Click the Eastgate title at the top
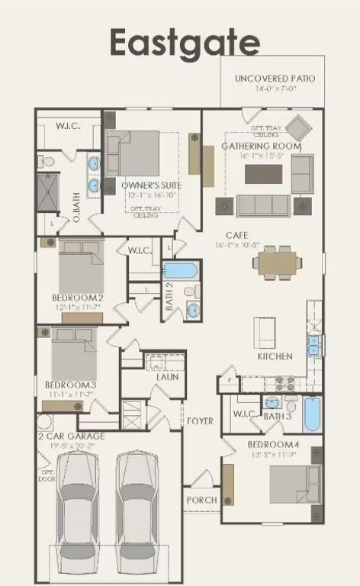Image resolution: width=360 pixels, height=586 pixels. tap(185, 42)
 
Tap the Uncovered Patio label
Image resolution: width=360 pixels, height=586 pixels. tap(275, 79)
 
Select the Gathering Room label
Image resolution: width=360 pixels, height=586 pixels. tap(262, 146)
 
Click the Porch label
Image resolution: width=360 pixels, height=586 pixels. tap(201, 500)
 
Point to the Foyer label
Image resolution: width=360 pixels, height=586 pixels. tap(201, 420)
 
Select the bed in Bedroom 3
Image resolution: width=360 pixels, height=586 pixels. tap(74, 355)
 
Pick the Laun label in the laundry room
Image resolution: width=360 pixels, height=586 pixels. tap(168, 376)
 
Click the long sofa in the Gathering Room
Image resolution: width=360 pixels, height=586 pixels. tap(263, 205)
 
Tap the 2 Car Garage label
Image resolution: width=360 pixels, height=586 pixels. tap(72, 436)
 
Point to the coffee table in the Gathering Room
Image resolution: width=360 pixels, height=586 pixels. tap(263, 174)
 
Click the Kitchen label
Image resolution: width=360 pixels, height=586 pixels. tap(275, 356)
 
